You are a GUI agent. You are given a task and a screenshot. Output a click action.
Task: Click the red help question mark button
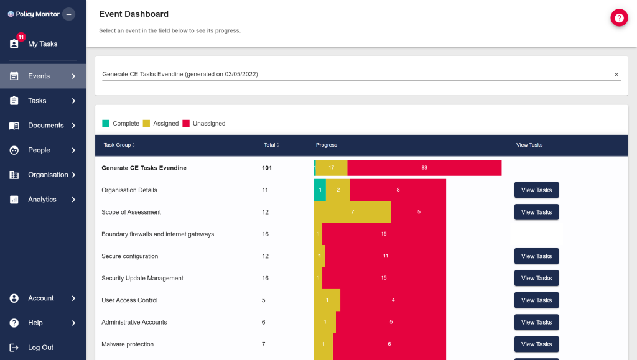point(619,18)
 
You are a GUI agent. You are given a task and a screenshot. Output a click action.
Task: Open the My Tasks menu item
point(42,44)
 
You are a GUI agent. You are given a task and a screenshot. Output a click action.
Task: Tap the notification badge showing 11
point(21,37)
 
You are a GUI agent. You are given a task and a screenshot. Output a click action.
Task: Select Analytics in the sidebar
point(42,200)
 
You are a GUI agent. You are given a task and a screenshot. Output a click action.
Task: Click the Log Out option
point(40,348)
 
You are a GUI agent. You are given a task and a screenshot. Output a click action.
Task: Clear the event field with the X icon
point(616,75)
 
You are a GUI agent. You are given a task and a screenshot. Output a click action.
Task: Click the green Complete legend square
point(106,123)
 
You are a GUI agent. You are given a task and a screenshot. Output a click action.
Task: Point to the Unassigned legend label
point(209,124)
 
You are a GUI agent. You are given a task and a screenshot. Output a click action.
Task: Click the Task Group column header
point(119,145)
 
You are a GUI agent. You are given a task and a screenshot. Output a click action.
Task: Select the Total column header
point(270,145)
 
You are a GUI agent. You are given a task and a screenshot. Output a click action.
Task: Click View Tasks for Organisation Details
point(536,190)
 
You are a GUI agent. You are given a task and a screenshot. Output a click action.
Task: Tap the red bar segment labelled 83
point(424,168)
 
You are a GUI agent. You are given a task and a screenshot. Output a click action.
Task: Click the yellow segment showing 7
point(353,212)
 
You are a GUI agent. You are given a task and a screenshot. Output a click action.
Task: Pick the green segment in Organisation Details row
point(320,190)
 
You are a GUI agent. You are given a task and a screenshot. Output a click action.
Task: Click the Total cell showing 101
point(267,168)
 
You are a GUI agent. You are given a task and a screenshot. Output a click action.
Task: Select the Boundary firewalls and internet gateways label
point(157,234)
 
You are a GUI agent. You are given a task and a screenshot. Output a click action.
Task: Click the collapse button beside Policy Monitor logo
point(68,14)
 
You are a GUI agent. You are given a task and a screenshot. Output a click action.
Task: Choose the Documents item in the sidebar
point(45,126)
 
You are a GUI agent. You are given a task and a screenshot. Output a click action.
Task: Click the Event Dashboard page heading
point(134,14)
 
